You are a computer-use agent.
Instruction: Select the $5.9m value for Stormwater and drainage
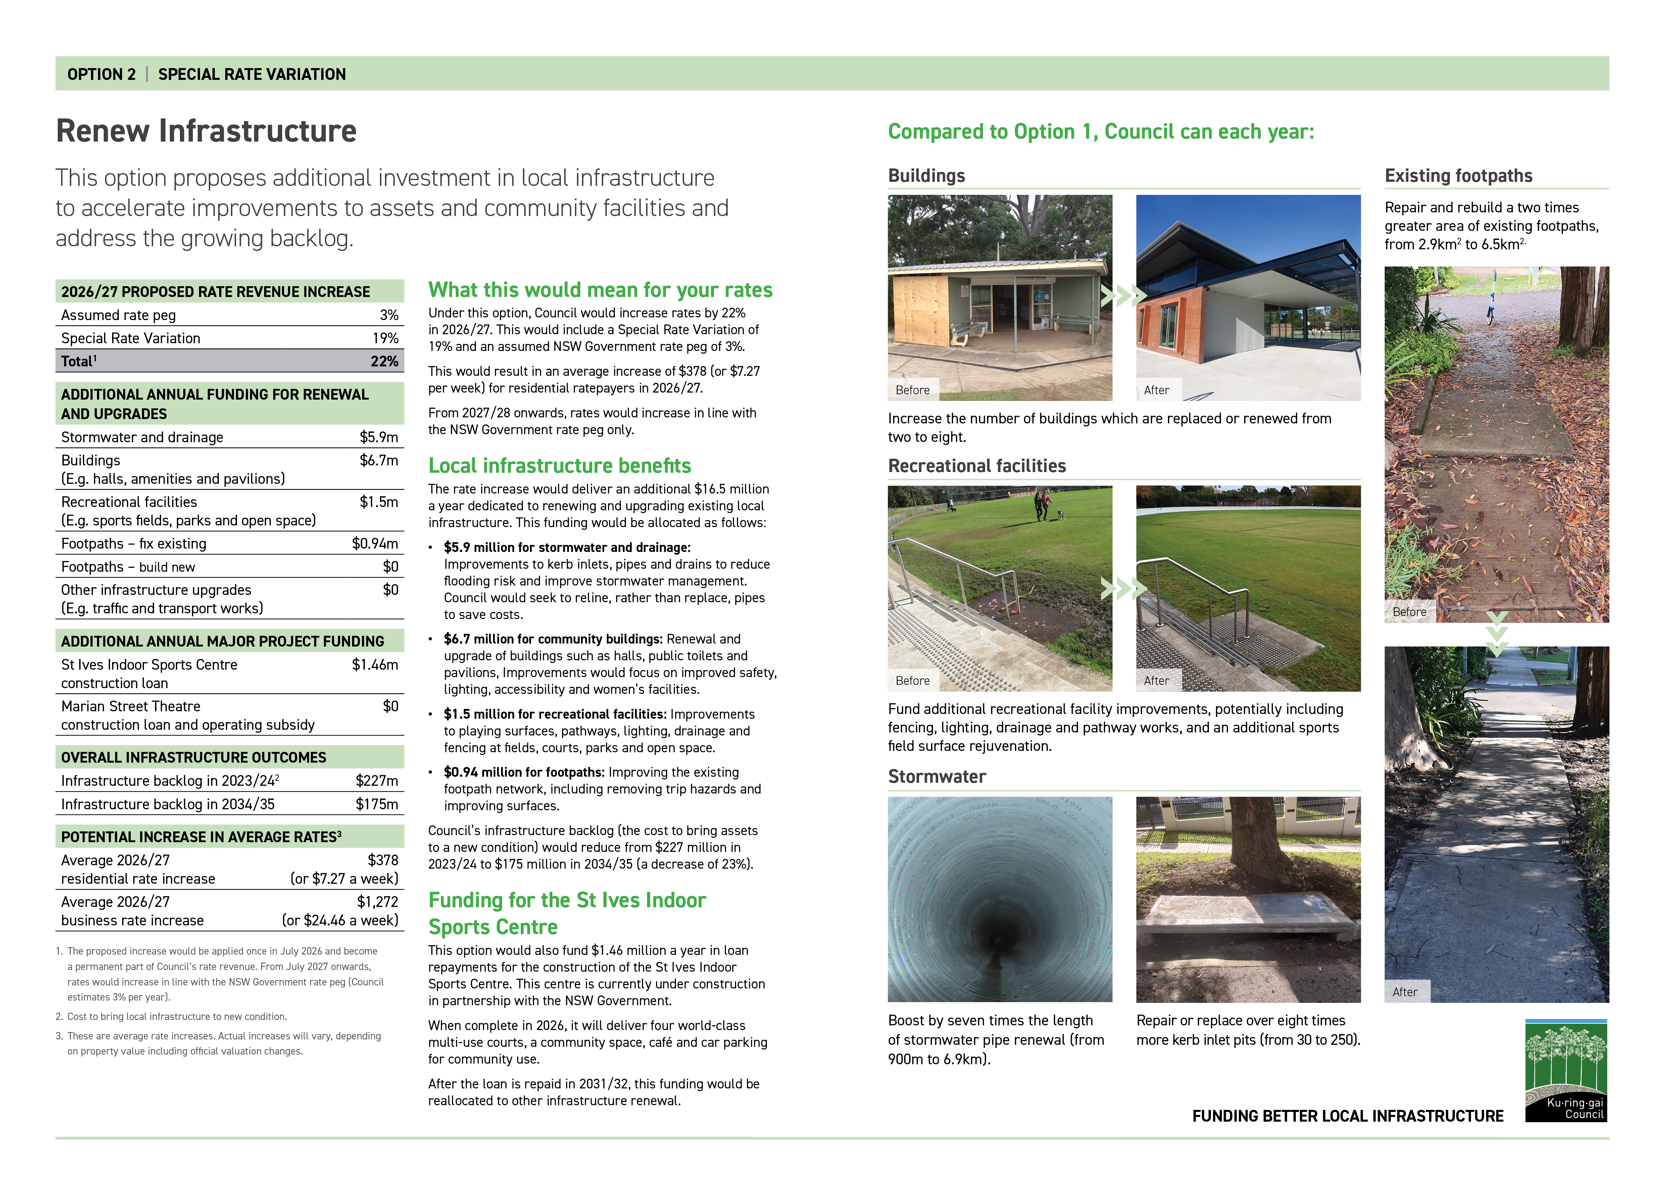click(x=379, y=437)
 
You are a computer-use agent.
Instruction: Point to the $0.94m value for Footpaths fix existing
click(x=375, y=544)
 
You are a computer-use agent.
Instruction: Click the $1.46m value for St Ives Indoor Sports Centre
click(x=375, y=665)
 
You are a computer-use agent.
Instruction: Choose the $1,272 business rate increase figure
click(x=377, y=902)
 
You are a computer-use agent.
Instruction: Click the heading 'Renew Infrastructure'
click(x=206, y=131)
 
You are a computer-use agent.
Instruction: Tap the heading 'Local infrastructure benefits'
click(x=559, y=465)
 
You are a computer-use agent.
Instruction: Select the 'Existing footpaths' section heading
click(x=1458, y=176)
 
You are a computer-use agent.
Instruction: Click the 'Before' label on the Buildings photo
click(x=912, y=390)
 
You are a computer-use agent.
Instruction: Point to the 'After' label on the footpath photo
click(x=1405, y=992)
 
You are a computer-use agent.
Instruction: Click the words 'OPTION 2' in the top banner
click(x=101, y=74)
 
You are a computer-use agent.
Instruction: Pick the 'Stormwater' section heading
click(x=937, y=777)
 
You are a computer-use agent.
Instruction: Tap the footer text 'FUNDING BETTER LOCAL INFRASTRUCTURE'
click(x=1348, y=1116)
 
